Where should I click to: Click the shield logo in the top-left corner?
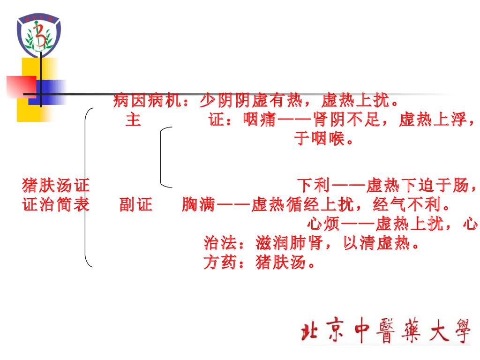point(39,36)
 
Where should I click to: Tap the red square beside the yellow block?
point(21,87)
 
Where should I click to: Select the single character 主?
point(133,120)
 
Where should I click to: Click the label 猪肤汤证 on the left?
point(56,186)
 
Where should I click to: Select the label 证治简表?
point(56,205)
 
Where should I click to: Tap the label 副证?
point(136,205)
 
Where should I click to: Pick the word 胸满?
point(199,205)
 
